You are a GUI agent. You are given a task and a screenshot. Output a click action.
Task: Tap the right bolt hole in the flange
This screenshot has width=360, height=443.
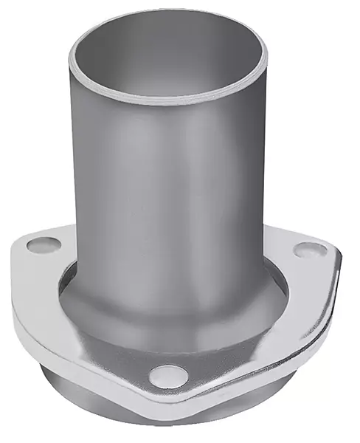[309, 250]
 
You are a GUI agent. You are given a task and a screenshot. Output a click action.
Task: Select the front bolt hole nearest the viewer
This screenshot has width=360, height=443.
[166, 377]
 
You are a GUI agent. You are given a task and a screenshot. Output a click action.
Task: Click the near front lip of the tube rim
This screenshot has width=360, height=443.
[168, 100]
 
